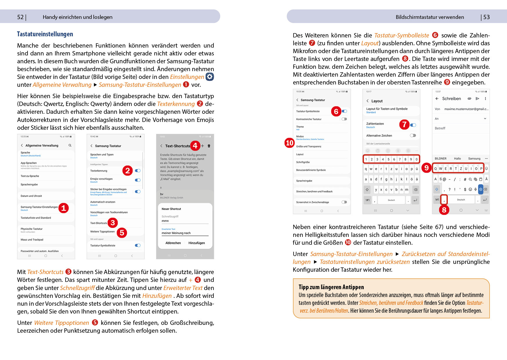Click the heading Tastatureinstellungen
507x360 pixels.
(x=45, y=34)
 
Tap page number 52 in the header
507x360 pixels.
(x=20, y=17)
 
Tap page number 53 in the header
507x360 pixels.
(x=486, y=17)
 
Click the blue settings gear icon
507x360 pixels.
(x=210, y=77)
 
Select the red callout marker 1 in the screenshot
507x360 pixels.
(x=64, y=208)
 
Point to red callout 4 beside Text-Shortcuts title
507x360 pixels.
(x=195, y=145)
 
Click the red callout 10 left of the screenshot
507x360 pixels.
(x=289, y=143)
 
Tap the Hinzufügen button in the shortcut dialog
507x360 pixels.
(x=196, y=243)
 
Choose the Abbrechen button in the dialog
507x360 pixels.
(x=173, y=243)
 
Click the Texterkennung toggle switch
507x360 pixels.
(x=138, y=171)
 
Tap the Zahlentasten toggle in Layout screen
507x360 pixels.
(x=413, y=125)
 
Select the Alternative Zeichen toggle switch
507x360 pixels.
(x=413, y=136)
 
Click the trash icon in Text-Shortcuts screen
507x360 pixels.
(x=209, y=146)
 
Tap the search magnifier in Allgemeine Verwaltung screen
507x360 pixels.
(x=70, y=145)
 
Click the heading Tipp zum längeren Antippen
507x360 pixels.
(x=331, y=287)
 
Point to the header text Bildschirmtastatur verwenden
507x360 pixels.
(x=430, y=17)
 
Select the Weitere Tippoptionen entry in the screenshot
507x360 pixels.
(x=102, y=232)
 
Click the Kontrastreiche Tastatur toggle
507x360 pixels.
(x=344, y=119)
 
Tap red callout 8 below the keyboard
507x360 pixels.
(x=444, y=210)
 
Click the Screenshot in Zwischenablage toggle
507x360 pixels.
(x=344, y=202)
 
